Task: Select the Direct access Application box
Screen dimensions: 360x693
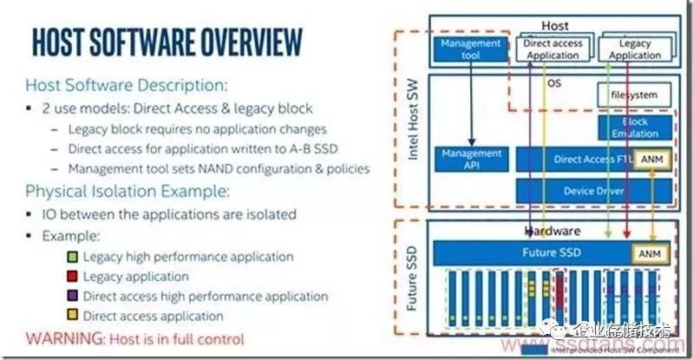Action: point(552,49)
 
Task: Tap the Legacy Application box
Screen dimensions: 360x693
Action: point(635,49)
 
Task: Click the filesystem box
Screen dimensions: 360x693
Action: point(628,95)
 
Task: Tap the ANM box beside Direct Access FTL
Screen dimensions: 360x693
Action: point(653,159)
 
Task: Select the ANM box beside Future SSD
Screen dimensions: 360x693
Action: point(653,254)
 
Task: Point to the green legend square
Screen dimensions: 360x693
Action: point(74,257)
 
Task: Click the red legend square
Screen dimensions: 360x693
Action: point(74,277)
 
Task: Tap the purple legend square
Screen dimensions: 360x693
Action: point(74,297)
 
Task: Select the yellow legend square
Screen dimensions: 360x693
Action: point(74,316)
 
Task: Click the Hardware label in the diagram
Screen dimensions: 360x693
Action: point(552,232)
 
